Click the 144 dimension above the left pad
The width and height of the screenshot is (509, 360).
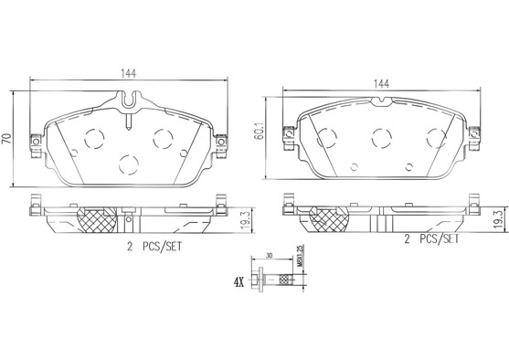point(129,73)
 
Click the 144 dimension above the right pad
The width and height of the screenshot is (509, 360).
point(381,84)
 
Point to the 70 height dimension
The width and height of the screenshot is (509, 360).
point(7,139)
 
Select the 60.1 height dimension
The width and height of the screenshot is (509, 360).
point(260,132)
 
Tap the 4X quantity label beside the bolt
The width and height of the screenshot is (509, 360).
point(239,282)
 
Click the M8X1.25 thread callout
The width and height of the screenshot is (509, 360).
point(300,255)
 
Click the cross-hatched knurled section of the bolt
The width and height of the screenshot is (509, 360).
point(286,280)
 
